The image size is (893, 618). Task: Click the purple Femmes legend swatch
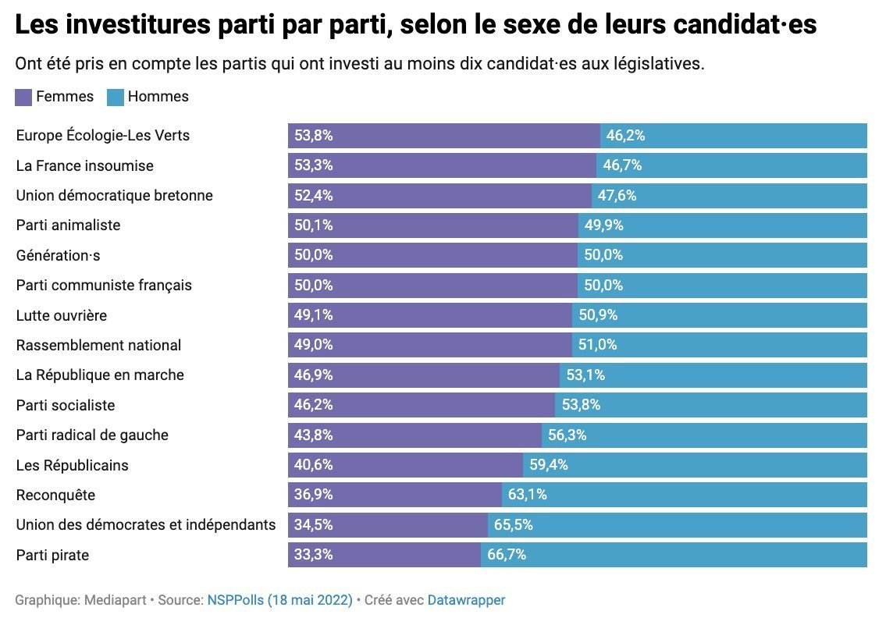pyautogui.click(x=23, y=98)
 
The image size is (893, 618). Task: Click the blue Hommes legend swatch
pyautogui.click(x=115, y=98)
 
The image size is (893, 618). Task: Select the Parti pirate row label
pyautogui.click(x=52, y=556)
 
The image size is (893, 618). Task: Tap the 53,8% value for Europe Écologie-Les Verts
pyautogui.click(x=314, y=136)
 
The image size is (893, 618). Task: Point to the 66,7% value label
pyautogui.click(x=507, y=556)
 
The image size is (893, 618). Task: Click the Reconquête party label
pyautogui.click(x=55, y=495)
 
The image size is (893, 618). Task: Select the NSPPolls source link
pyautogui.click(x=279, y=601)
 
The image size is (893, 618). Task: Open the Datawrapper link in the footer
pyautogui.click(x=466, y=601)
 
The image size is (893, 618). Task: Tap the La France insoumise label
pyautogui.click(x=84, y=166)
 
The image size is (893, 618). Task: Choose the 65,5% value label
pyautogui.click(x=513, y=525)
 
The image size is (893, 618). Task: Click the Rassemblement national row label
pyautogui.click(x=98, y=346)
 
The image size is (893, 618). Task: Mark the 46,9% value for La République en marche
pyautogui.click(x=314, y=375)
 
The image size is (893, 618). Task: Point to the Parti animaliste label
pyautogui.click(x=68, y=226)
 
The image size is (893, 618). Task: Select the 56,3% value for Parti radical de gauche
pyautogui.click(x=567, y=435)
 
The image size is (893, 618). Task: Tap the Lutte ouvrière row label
pyautogui.click(x=62, y=316)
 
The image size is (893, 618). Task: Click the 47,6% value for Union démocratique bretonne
pyautogui.click(x=617, y=196)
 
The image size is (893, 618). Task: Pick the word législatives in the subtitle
pyautogui.click(x=660, y=64)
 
